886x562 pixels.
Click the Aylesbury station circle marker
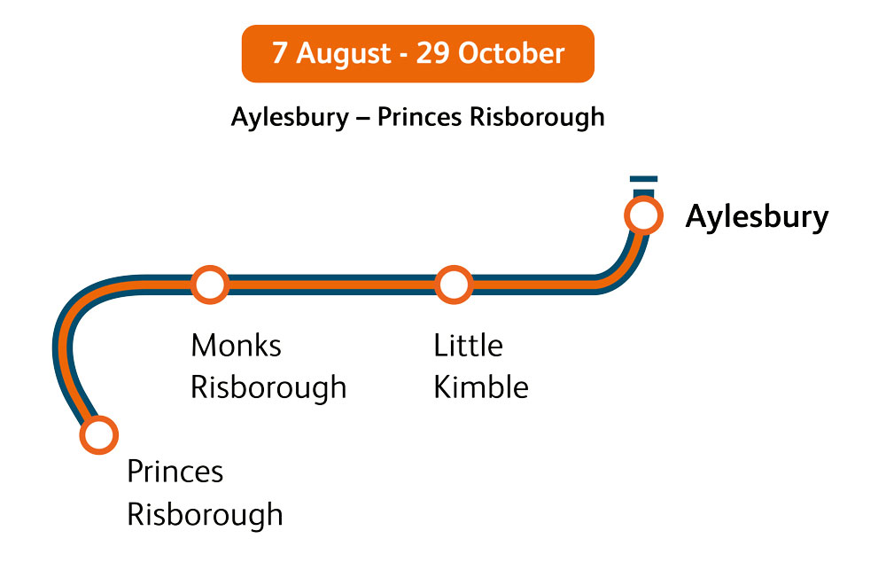pyautogui.click(x=643, y=215)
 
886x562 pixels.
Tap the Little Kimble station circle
pyautogui.click(x=453, y=285)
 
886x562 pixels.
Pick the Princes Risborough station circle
pyautogui.click(x=98, y=434)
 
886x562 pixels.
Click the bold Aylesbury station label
pyautogui.click(x=757, y=217)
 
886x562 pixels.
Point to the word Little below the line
pyautogui.click(x=468, y=346)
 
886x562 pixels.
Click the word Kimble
pyautogui.click(x=481, y=388)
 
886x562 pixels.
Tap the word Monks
pyautogui.click(x=236, y=346)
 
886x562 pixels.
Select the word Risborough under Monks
pyautogui.click(x=268, y=388)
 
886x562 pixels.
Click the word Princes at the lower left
pyautogui.click(x=175, y=472)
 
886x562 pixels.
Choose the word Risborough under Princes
pyautogui.click(x=205, y=514)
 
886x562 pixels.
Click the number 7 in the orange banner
pyautogui.click(x=279, y=53)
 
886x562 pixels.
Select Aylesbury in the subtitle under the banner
pyautogui.click(x=290, y=117)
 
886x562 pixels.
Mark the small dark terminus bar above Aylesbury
pyautogui.click(x=643, y=180)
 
